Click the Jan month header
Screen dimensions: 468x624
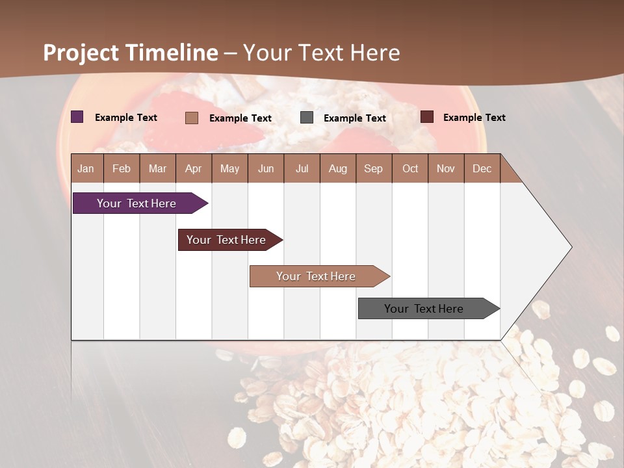point(86,168)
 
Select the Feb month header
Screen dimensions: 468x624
point(122,168)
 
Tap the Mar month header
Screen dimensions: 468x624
point(157,168)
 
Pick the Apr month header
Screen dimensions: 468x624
point(194,168)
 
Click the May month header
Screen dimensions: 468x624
point(229,168)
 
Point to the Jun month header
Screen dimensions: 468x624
point(266,168)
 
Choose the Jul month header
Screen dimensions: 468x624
point(302,168)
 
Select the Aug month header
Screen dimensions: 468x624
point(338,168)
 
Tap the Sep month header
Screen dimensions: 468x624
point(374,168)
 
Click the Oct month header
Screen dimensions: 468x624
point(410,168)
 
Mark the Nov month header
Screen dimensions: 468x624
point(446,168)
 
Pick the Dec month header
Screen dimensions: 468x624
point(482,168)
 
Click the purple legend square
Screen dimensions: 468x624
point(77,117)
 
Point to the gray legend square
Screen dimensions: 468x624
point(307,117)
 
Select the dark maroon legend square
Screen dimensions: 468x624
point(427,117)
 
